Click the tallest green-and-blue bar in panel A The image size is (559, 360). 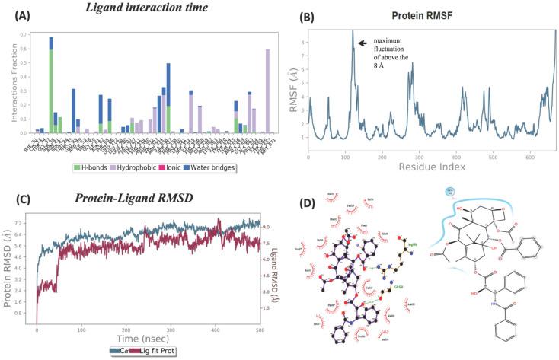click(51, 84)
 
